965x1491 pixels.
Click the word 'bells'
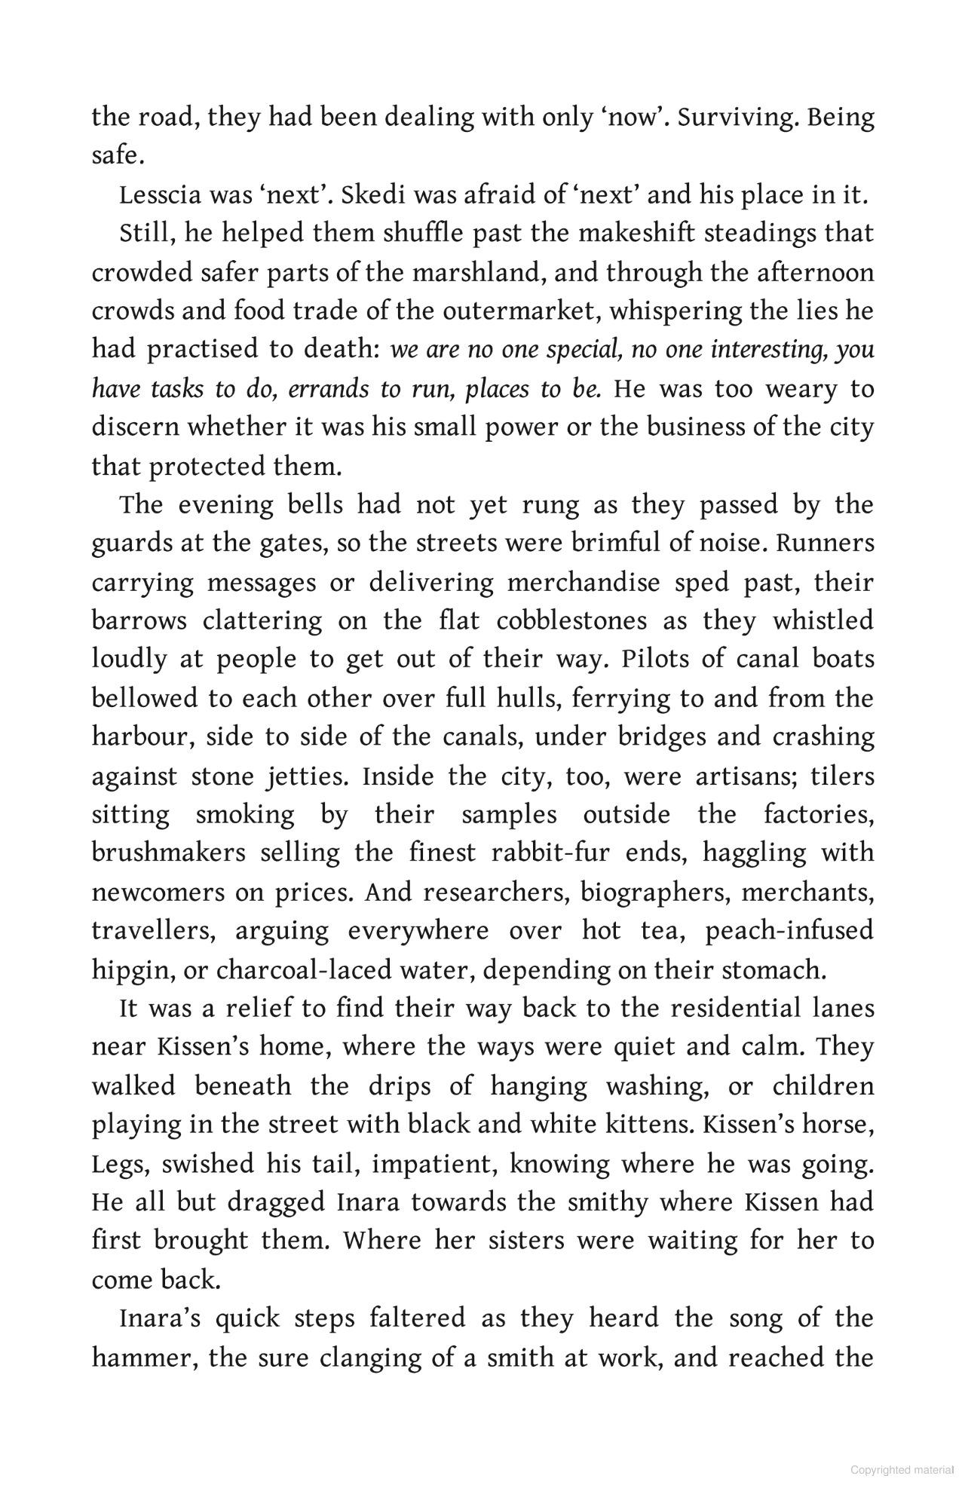316,504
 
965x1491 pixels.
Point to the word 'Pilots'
654,659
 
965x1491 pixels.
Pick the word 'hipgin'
131,969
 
